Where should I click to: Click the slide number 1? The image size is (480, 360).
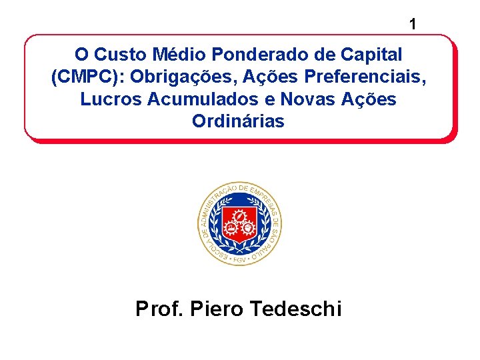tap(413, 25)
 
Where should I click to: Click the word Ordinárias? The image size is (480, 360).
tap(238, 122)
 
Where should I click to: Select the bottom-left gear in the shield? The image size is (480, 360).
tap(231, 229)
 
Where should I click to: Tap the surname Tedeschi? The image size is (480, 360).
tap(295, 309)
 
